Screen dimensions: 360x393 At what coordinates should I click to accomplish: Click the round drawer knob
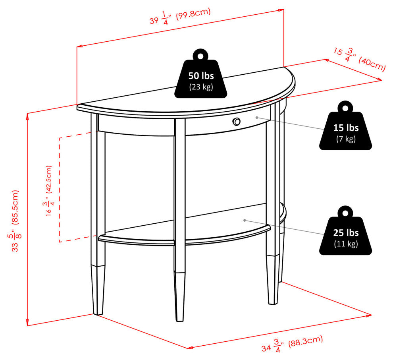tap(237, 122)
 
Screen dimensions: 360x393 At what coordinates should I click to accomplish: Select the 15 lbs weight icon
tap(346, 127)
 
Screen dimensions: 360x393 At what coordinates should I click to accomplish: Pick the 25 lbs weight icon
tap(346, 232)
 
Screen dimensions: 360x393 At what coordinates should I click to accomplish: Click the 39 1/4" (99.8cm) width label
tap(179, 17)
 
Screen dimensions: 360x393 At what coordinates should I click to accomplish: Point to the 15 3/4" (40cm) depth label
tap(359, 58)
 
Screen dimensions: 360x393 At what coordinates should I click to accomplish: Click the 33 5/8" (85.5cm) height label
tap(15, 220)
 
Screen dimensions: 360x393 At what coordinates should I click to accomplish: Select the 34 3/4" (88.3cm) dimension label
tap(292, 343)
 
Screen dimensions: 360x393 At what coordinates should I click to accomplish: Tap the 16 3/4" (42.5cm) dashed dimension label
tap(49, 190)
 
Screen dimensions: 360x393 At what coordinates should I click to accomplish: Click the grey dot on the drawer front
tap(257, 117)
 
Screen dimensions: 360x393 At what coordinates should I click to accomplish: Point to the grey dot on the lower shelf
tap(245, 220)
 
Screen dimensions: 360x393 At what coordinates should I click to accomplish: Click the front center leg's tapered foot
tap(180, 296)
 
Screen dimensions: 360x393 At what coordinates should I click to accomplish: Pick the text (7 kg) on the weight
tap(346, 138)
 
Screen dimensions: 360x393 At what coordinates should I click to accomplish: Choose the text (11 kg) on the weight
tap(346, 243)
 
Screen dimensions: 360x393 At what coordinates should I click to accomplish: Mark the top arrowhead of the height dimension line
tap(27, 115)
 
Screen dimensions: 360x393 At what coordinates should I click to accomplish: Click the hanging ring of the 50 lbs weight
tap(201, 54)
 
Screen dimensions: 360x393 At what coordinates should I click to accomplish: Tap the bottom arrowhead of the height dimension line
tap(27, 324)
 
